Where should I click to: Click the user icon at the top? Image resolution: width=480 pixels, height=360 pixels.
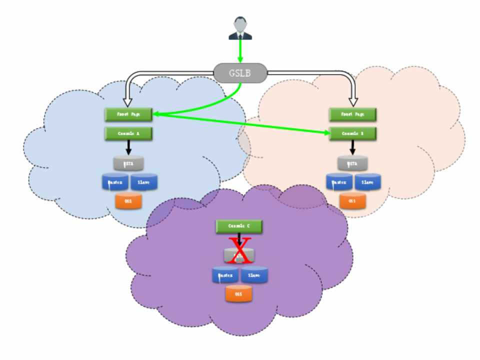tap(240, 28)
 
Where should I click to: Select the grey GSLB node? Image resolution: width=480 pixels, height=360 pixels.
tap(240, 73)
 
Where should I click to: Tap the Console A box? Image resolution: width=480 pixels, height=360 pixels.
tap(128, 133)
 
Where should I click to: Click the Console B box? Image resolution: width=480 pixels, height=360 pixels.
tap(352, 133)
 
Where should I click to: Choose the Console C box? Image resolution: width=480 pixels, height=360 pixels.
tap(239, 226)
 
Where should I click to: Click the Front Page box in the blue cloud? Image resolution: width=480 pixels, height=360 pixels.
tap(128, 114)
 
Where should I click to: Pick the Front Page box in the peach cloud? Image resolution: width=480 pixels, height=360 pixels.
tap(352, 114)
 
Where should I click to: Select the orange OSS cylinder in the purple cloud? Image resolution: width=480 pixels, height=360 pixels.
tap(238, 293)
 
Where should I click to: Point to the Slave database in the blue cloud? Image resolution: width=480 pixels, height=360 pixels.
tap(144, 182)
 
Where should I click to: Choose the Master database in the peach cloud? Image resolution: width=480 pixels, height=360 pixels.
tap(339, 182)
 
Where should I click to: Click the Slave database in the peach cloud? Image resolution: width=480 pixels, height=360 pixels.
tap(368, 182)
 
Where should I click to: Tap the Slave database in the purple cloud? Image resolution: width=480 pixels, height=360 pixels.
tap(254, 275)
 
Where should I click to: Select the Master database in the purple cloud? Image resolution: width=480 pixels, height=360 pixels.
tap(225, 275)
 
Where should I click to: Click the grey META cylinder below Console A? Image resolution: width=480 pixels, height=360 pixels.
tap(128, 163)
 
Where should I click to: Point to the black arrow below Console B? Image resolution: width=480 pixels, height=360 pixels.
tap(352, 147)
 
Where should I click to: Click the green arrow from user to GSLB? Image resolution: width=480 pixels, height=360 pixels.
tap(240, 51)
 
